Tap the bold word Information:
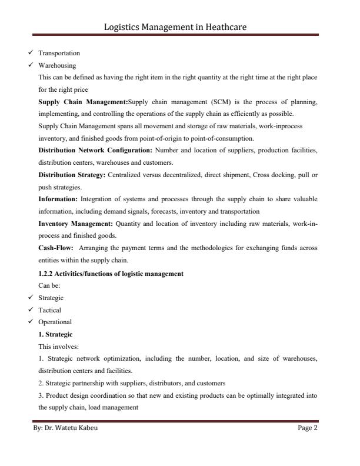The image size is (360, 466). click(x=58, y=199)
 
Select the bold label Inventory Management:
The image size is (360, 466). click(x=76, y=224)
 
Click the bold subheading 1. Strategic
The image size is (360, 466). click(x=55, y=334)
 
